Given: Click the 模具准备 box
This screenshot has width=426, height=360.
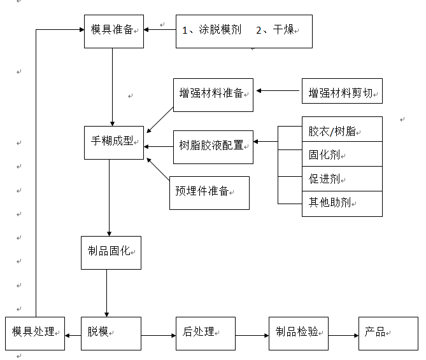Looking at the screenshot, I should click(x=113, y=31).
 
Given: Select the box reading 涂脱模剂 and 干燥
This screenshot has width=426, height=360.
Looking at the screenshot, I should click(x=243, y=31).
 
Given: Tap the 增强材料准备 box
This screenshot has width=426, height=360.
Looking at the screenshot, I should click(x=213, y=95).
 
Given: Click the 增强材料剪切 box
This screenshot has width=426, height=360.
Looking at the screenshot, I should click(x=342, y=92).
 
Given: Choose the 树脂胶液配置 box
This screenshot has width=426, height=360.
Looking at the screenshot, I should click(x=213, y=146).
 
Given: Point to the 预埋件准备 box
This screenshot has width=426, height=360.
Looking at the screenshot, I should click(x=209, y=193).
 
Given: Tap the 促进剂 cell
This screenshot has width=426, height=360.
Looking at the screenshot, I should click(x=342, y=179).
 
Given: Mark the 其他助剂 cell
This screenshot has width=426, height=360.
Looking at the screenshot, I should click(x=342, y=204).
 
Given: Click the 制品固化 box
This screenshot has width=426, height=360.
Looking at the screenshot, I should click(x=111, y=253).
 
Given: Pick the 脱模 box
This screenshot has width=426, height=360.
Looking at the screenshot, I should click(x=111, y=333).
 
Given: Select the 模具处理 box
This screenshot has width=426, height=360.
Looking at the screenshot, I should click(x=34, y=333).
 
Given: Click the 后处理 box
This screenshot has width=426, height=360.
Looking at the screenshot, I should click(x=205, y=333).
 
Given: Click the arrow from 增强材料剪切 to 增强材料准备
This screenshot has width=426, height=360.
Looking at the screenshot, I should click(x=278, y=91).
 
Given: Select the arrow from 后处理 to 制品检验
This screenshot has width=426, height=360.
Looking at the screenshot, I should click(x=252, y=335).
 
